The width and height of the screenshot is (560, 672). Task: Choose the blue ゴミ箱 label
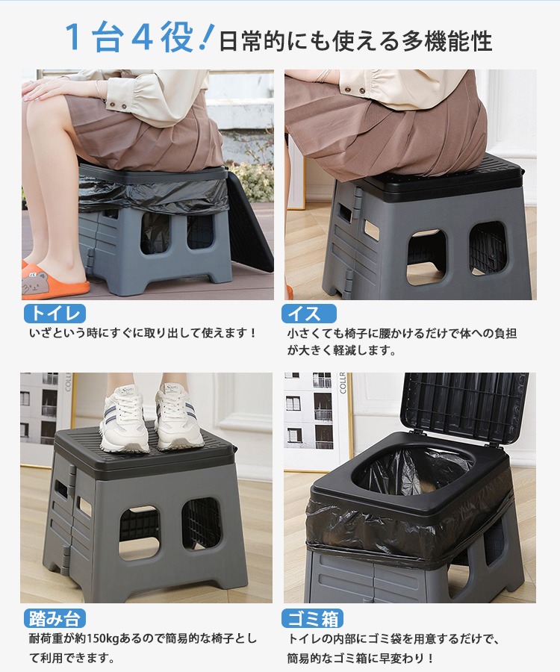(312, 618)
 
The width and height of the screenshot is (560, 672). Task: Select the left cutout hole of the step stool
(139, 532)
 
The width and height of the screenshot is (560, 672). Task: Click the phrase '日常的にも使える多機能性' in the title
(355, 41)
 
